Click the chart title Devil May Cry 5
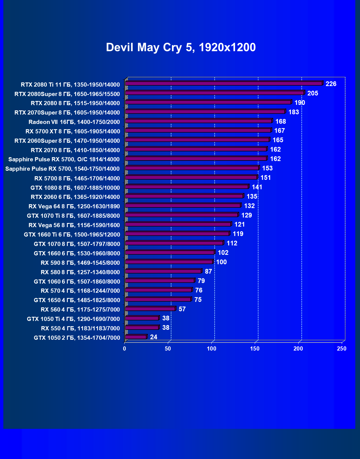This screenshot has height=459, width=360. (x=181, y=47)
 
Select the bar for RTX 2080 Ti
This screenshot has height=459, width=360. (x=224, y=83)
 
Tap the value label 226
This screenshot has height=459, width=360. (x=331, y=84)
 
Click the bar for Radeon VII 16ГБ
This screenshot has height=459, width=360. (x=199, y=121)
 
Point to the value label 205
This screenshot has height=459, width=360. (x=313, y=93)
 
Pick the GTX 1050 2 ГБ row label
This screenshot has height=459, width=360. (x=77, y=338)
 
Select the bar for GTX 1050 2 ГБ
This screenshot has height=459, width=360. (x=136, y=337)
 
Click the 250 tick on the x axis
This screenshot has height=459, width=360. (x=341, y=349)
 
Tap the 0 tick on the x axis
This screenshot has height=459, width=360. (x=125, y=349)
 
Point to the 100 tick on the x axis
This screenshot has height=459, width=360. (x=212, y=349)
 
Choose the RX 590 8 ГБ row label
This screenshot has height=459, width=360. (x=80, y=263)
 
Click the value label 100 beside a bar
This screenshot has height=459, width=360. (x=221, y=262)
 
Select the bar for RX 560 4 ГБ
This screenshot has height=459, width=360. (x=150, y=308)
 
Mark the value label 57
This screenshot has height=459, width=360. (x=182, y=309)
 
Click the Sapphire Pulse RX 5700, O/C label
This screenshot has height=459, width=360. (x=64, y=159)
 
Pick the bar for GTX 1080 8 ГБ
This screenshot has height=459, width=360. (x=187, y=187)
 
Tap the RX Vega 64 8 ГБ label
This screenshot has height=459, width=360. (x=74, y=206)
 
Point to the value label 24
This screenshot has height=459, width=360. (x=153, y=337)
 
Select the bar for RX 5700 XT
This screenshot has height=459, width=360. (x=198, y=130)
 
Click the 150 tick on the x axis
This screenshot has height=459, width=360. (x=255, y=349)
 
